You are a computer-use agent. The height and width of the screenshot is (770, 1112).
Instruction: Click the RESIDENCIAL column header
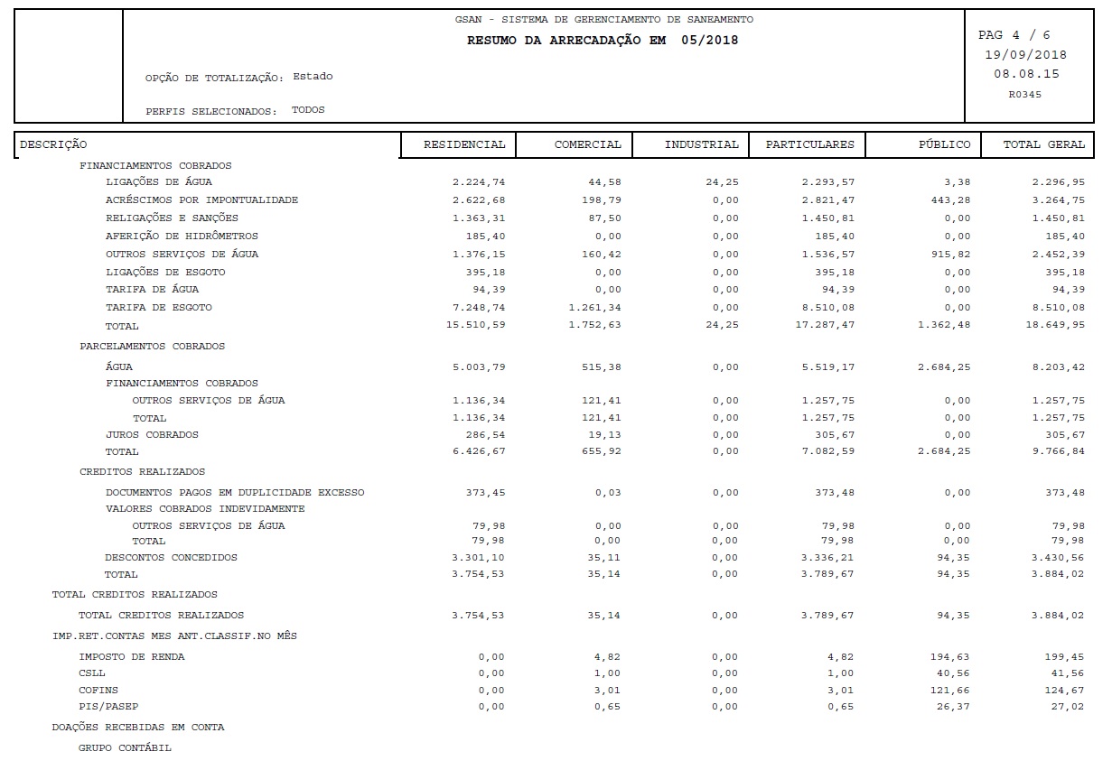click(464, 144)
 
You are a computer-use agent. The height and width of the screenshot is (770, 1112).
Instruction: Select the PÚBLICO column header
click(944, 144)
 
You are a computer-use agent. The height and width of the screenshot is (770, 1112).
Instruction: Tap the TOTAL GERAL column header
click(1043, 144)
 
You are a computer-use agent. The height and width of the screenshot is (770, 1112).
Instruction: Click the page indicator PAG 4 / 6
click(1014, 35)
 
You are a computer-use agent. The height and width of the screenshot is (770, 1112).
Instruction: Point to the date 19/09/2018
click(1025, 55)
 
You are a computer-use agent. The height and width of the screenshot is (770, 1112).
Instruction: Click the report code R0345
click(1024, 94)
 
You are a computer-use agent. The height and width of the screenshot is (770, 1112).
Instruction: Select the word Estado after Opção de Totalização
click(313, 77)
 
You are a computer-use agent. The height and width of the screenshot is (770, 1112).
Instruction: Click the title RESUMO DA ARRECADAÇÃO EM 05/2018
click(602, 41)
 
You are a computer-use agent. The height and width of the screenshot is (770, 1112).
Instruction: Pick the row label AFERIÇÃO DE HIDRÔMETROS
click(182, 236)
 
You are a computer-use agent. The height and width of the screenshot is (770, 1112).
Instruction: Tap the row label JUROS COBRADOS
click(152, 434)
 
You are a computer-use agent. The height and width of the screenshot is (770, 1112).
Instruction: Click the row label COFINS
click(98, 690)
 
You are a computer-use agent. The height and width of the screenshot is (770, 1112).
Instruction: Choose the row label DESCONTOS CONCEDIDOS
click(171, 557)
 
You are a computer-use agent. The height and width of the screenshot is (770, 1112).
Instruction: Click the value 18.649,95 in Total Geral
click(1058, 325)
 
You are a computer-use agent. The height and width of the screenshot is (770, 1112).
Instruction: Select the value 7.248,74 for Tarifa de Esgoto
click(479, 307)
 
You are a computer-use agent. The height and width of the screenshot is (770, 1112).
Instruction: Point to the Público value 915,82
click(951, 254)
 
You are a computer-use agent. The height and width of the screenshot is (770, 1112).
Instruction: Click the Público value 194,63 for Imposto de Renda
click(951, 656)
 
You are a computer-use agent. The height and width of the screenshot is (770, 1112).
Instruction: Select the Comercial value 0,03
click(608, 492)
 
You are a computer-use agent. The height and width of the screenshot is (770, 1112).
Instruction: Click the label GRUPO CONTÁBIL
click(125, 747)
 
